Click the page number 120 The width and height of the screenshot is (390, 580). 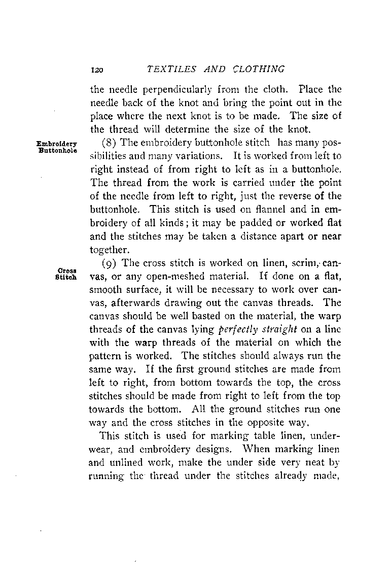click(x=95, y=70)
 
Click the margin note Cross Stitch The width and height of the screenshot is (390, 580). click(x=67, y=275)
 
